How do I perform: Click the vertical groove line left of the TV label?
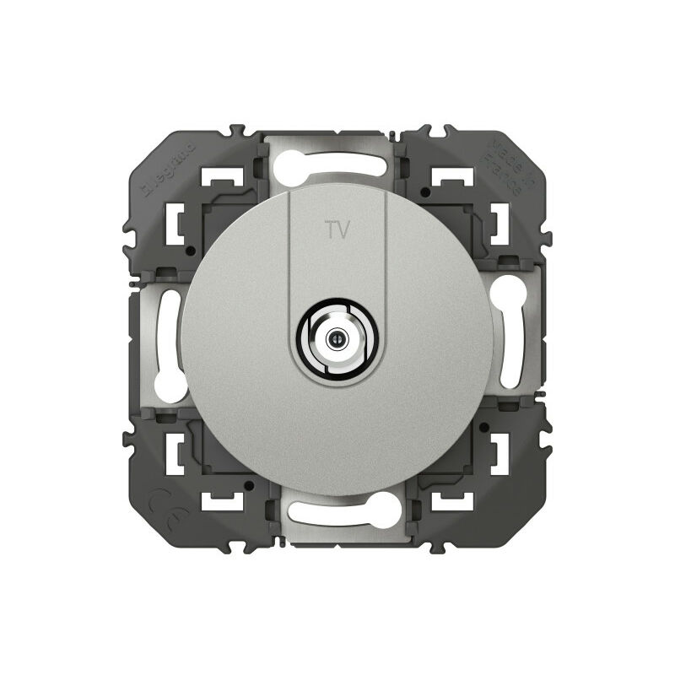(x=289, y=253)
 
